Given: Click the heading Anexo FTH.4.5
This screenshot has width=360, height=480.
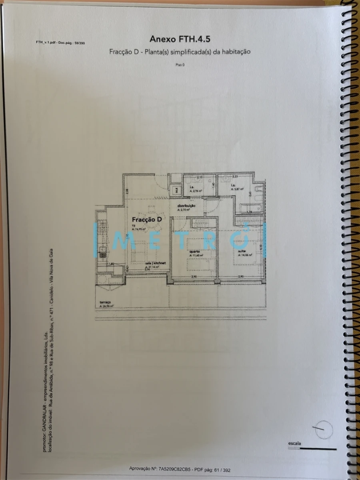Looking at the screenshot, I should (x=180, y=39).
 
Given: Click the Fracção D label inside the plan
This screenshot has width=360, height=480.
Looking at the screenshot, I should (x=147, y=220).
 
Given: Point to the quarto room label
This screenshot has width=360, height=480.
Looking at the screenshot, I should (x=195, y=251).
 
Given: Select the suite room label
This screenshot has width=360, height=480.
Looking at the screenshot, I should (x=242, y=251).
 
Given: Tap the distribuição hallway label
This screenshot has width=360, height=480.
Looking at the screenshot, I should (x=186, y=206).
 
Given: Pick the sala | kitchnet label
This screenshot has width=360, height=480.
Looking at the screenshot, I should (x=155, y=263).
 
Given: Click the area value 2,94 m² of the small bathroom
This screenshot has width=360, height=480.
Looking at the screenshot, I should (x=196, y=191).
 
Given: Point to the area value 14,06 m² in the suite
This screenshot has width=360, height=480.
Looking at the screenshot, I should (x=245, y=255).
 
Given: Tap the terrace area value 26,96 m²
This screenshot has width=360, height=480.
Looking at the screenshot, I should (x=107, y=306).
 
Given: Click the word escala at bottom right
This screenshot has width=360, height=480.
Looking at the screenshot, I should (x=294, y=443).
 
